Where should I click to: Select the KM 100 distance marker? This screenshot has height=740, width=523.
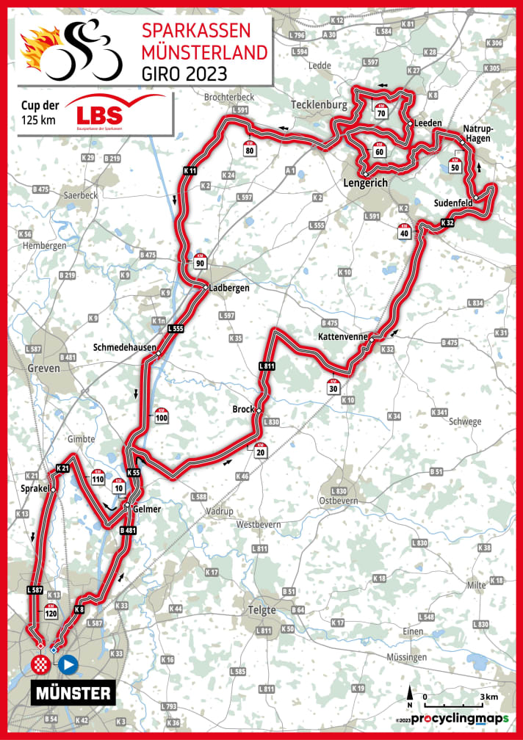(x=162, y=416)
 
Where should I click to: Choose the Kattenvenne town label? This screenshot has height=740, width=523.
(x=343, y=335)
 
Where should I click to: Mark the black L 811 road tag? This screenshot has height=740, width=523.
(x=267, y=365)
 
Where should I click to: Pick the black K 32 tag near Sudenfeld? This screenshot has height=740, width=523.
(x=447, y=221)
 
